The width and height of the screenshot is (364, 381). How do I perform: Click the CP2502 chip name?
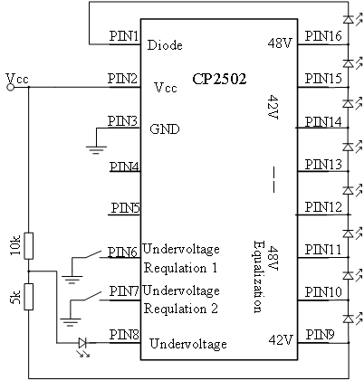tap(219, 79)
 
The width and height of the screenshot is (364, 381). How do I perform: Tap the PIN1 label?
tap(124, 36)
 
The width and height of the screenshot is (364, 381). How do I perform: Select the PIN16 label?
tap(323, 36)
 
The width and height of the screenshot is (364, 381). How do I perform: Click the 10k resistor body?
tap(29, 246)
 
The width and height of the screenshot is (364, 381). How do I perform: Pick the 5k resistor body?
tap(29, 297)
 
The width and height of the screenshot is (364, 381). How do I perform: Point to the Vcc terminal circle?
tap(11, 88)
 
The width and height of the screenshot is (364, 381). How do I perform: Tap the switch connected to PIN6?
tap(92, 254)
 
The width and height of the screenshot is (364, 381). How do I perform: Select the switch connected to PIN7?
tap(92, 296)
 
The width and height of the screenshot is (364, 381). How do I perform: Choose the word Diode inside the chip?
tap(165, 45)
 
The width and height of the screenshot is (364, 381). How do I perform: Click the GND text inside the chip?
tap(165, 129)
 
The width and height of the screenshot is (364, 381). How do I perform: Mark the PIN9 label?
tap(320, 335)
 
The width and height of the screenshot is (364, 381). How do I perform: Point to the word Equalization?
tap(258, 276)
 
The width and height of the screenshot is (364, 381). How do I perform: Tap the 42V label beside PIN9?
tap(281, 340)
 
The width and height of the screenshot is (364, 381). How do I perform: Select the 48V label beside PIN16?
tap(281, 43)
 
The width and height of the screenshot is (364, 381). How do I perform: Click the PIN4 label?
tap(124, 167)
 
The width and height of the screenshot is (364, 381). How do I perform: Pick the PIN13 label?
tap(323, 165)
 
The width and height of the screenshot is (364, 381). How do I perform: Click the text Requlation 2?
tap(181, 309)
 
